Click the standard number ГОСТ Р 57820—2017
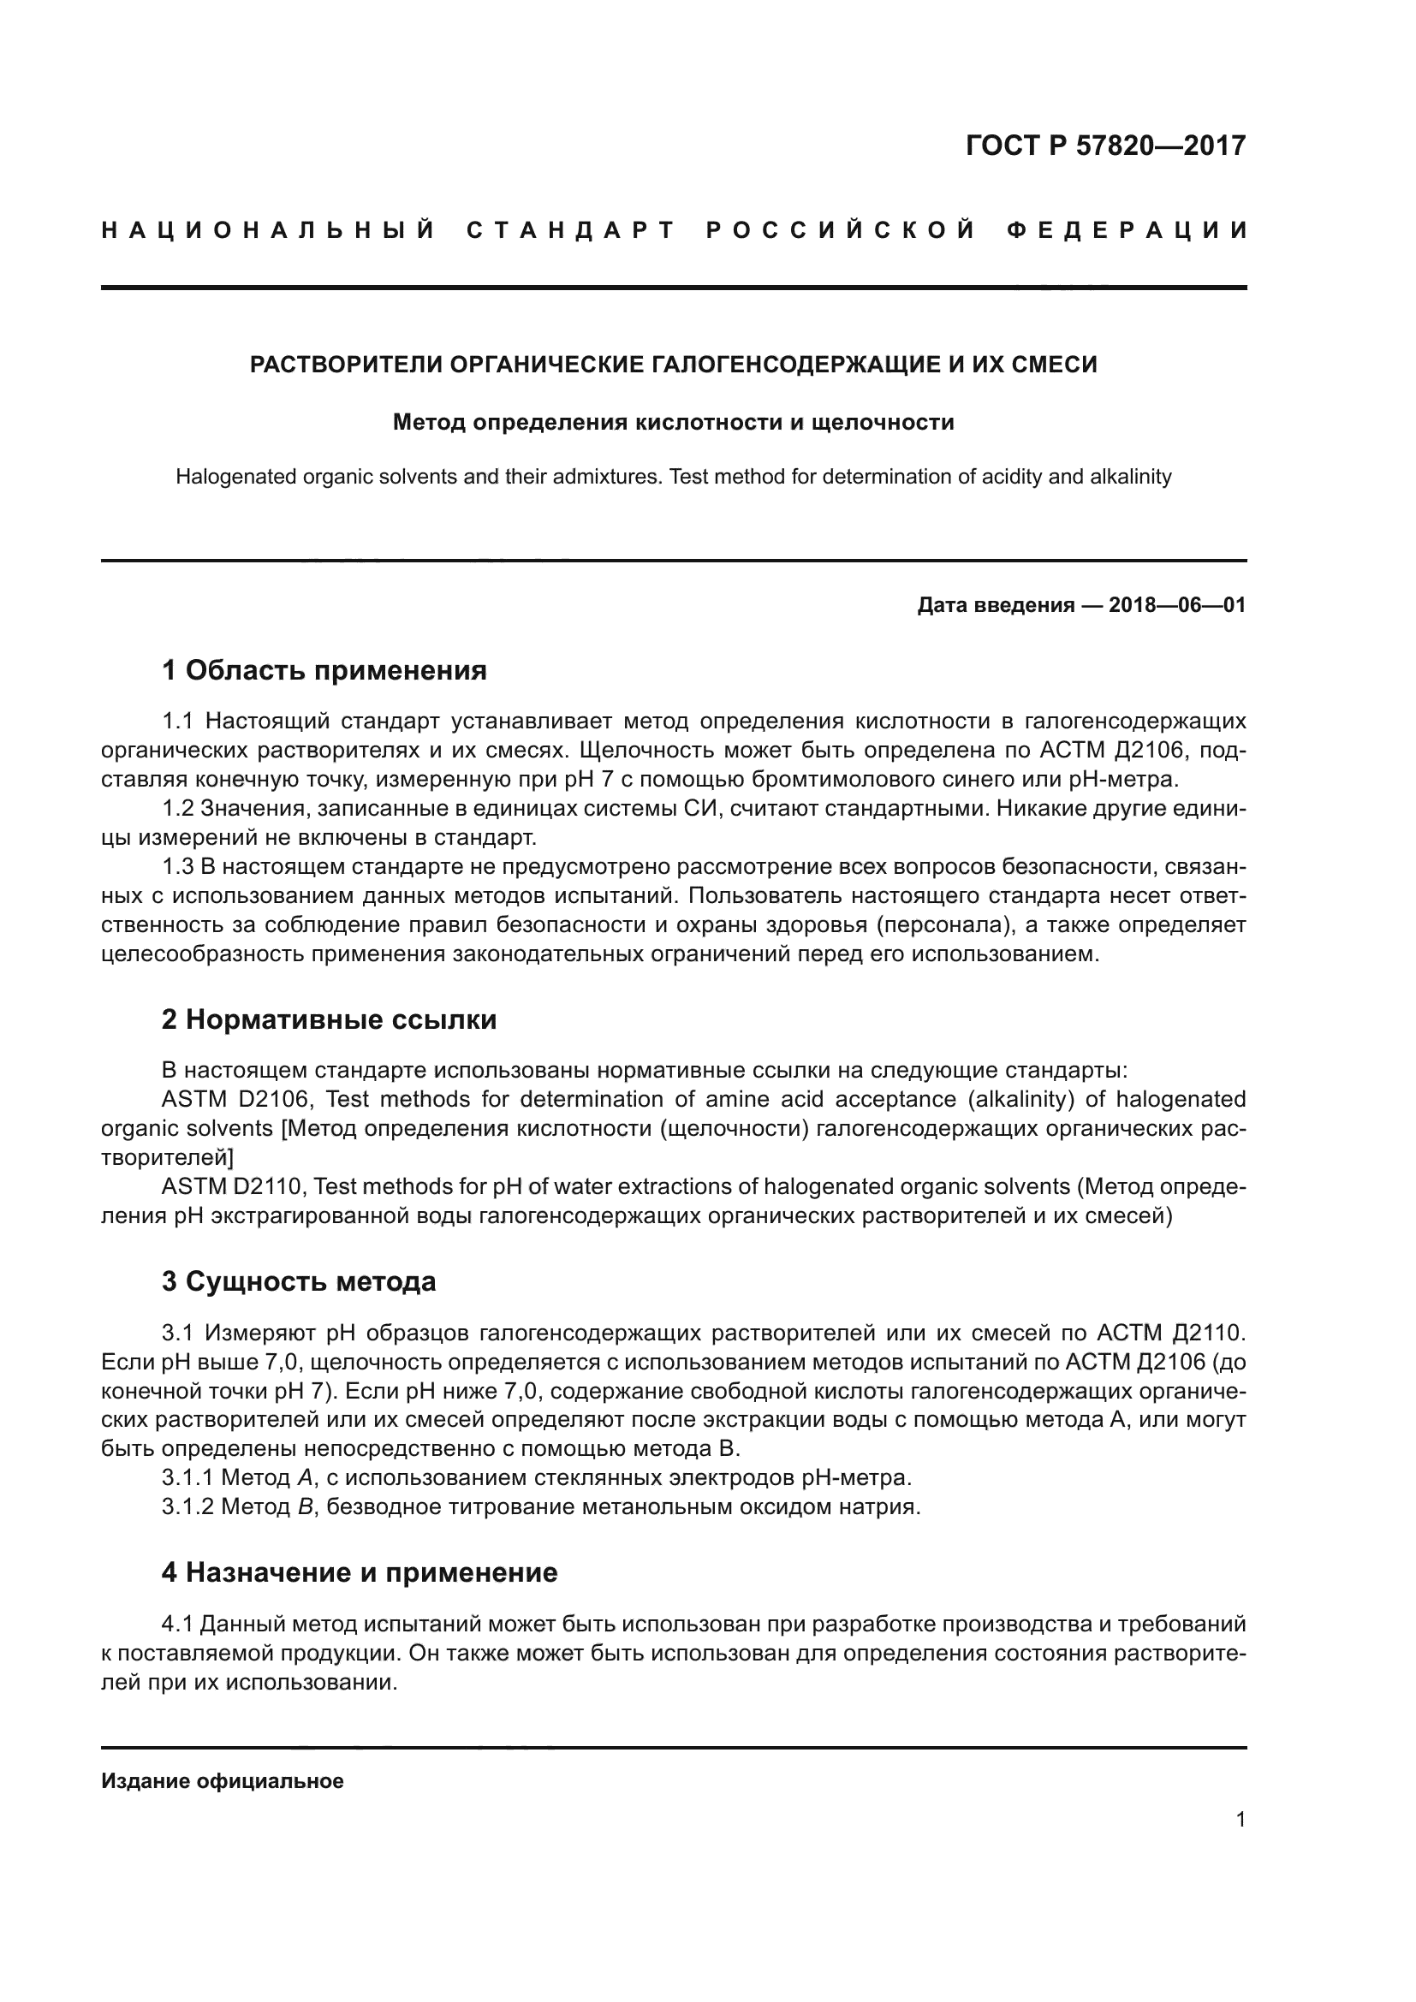click(x=1105, y=146)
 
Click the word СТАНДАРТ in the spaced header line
click(x=571, y=230)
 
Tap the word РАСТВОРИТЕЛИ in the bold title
click(x=346, y=365)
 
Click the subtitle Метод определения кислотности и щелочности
click(x=673, y=423)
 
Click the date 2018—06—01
click(x=1177, y=605)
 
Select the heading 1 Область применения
click(x=324, y=670)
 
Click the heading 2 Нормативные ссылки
click(x=329, y=1019)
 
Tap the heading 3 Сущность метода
click(x=298, y=1282)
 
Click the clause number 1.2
click(x=177, y=808)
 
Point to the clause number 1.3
click(x=177, y=867)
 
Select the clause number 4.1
click(x=177, y=1625)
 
